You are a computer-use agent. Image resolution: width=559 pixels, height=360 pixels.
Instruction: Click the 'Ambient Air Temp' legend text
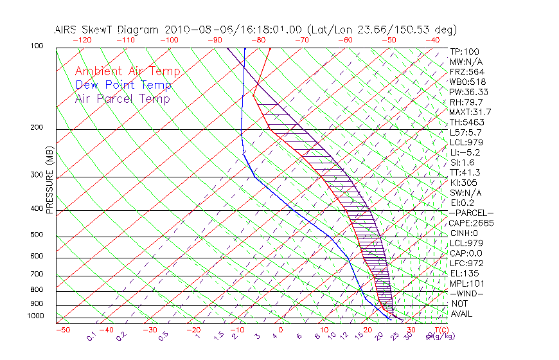pos(127,71)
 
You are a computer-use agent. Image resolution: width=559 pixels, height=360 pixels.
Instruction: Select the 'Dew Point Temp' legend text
pos(123,85)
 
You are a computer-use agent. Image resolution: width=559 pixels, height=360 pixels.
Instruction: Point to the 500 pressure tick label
pos(36,235)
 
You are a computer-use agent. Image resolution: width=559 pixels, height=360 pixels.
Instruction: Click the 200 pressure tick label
pos(36,128)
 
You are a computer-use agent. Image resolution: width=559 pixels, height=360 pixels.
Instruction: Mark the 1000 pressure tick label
pos(35,316)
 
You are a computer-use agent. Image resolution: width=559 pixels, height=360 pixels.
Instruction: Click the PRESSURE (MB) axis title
pos(49,180)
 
